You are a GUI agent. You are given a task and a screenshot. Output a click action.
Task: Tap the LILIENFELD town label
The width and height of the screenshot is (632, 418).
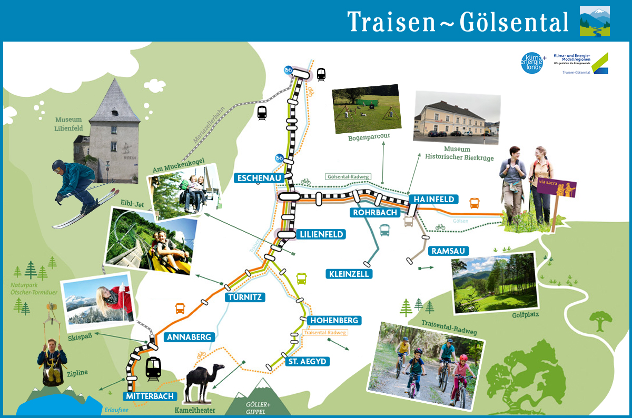pos(320,234)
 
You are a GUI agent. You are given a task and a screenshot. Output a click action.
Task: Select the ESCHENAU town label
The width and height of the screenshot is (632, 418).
pos(258,178)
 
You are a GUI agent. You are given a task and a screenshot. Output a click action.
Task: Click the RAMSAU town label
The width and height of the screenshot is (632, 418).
pos(448,251)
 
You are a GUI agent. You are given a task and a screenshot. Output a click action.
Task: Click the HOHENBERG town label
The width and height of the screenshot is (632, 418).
pos(334,320)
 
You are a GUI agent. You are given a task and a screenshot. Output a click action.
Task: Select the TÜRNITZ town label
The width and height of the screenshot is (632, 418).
pos(245,297)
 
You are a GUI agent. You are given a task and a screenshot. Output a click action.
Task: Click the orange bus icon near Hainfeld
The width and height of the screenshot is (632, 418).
pos(475,203)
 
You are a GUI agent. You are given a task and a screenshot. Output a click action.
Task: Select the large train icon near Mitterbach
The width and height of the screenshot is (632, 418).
pos(153,368)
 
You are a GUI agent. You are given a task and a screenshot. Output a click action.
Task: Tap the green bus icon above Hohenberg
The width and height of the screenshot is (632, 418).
pos(301,278)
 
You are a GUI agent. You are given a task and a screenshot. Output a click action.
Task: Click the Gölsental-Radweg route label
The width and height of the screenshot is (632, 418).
pos(348,176)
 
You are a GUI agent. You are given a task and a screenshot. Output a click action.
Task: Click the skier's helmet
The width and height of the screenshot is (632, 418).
pos(58,166)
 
